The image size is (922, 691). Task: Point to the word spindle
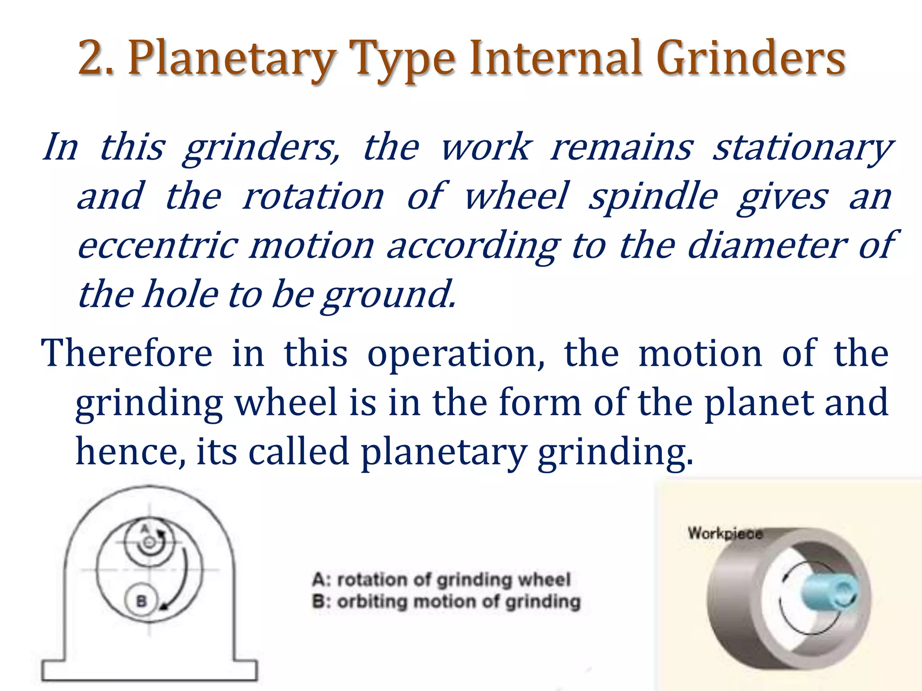point(653,197)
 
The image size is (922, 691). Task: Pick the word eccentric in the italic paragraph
point(158,246)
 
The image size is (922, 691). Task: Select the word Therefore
point(127,354)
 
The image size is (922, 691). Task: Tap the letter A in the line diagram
point(145,529)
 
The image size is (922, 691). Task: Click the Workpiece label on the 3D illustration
point(725,534)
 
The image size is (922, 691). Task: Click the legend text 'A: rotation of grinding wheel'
point(441,579)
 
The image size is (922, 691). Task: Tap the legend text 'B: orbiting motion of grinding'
point(446,602)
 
